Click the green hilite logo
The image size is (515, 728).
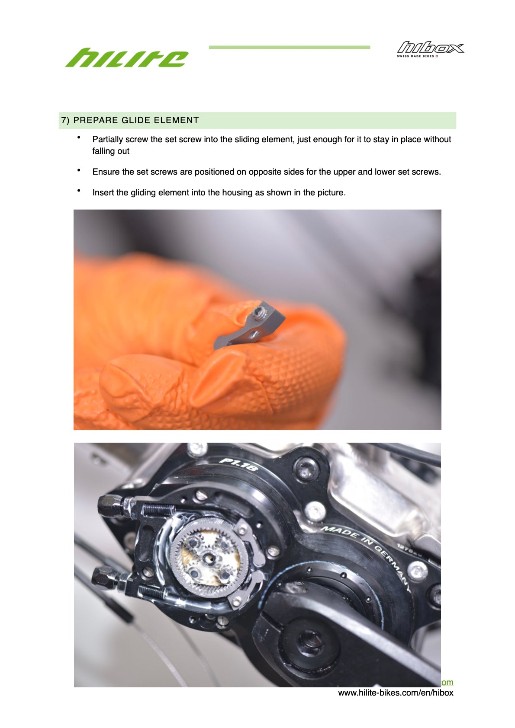[126, 57]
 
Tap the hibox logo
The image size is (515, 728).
[431, 48]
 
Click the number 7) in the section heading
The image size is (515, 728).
[65, 120]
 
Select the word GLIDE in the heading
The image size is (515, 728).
[135, 120]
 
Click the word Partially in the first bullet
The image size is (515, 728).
[107, 140]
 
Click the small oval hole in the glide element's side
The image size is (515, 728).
[254, 333]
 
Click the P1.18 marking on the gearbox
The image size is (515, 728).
[238, 464]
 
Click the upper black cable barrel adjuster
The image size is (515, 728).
[111, 506]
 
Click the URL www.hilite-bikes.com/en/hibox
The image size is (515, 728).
[396, 693]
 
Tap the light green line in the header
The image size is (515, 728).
[289, 48]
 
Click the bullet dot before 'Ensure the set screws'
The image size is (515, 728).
[79, 170]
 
